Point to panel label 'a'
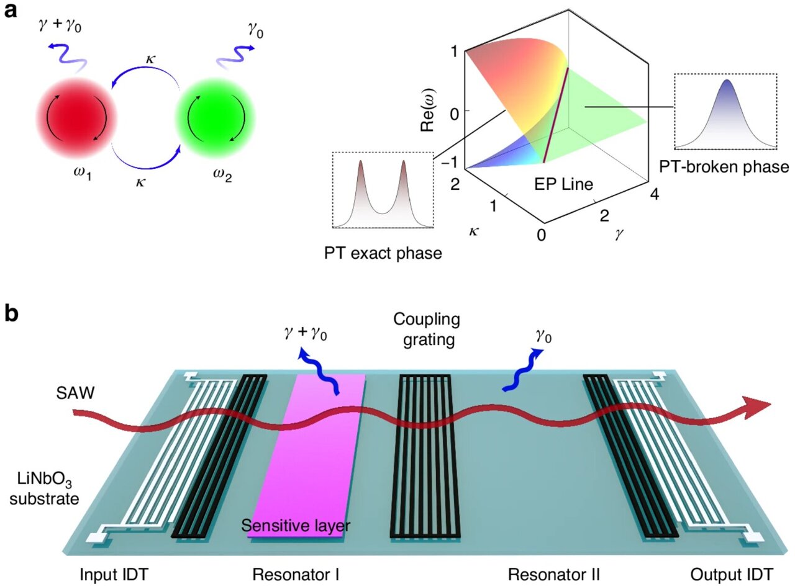point(13,12)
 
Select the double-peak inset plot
point(382,190)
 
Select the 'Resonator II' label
point(553,574)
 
